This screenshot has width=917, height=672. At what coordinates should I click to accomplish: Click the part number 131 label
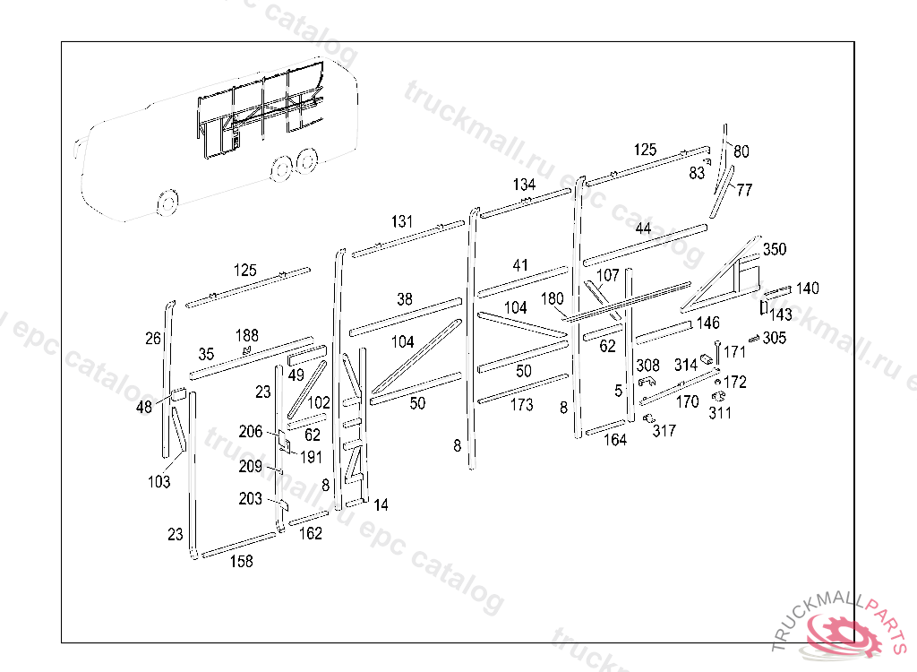[402, 221]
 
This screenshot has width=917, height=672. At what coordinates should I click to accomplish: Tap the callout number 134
[524, 185]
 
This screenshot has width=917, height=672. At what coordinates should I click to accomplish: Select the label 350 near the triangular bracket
[774, 249]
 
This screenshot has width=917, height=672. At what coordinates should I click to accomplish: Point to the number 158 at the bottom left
[241, 562]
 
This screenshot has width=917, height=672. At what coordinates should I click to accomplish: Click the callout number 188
[247, 335]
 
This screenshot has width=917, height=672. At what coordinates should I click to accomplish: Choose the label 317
[664, 431]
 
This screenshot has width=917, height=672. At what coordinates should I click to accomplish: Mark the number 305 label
[775, 338]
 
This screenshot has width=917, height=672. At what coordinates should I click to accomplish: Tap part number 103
[159, 482]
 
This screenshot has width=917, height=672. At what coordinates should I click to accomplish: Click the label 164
[614, 440]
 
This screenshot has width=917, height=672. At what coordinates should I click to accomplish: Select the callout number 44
[643, 228]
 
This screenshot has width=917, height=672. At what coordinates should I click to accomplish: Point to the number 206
[251, 432]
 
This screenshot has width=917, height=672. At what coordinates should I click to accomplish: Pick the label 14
[381, 505]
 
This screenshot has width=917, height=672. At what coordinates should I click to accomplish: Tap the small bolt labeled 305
[753, 338]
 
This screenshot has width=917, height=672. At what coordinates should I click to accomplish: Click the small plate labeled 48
[178, 393]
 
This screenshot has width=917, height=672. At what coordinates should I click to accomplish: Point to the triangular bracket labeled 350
[725, 273]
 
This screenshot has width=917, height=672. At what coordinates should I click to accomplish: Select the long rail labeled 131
[407, 239]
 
